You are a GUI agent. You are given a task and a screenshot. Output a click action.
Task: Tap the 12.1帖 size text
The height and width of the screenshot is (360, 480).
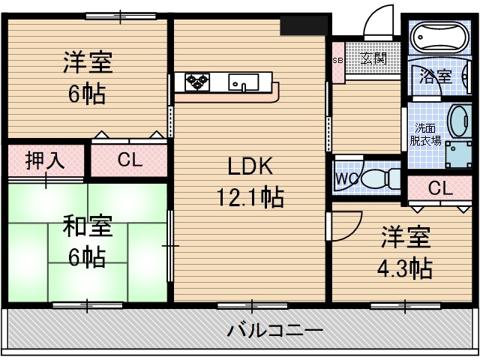point(250,197)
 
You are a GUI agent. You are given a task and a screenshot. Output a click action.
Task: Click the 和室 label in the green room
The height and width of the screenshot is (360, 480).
point(87,225)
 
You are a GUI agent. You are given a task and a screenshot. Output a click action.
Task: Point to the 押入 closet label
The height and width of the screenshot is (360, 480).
point(45,160)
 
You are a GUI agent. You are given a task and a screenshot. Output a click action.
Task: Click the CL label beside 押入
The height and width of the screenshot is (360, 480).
point(128,160)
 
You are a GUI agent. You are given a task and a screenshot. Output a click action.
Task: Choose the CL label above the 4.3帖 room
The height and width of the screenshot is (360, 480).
point(440,188)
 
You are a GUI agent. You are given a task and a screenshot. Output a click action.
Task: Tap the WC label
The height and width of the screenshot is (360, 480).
point(346,179)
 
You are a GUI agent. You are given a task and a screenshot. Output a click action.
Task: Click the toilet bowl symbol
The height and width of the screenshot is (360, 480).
point(384,178)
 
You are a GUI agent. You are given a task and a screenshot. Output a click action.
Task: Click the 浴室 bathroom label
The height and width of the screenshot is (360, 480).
point(435,76)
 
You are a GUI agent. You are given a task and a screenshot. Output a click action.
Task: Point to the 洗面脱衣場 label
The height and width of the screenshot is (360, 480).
point(425,133)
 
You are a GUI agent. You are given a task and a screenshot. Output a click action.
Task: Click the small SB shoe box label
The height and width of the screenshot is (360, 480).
point(338,60)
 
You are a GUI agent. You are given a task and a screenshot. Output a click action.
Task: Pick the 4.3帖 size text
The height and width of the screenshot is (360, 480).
point(405,267)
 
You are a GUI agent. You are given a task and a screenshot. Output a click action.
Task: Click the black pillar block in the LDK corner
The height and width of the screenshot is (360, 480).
point(304,25)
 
